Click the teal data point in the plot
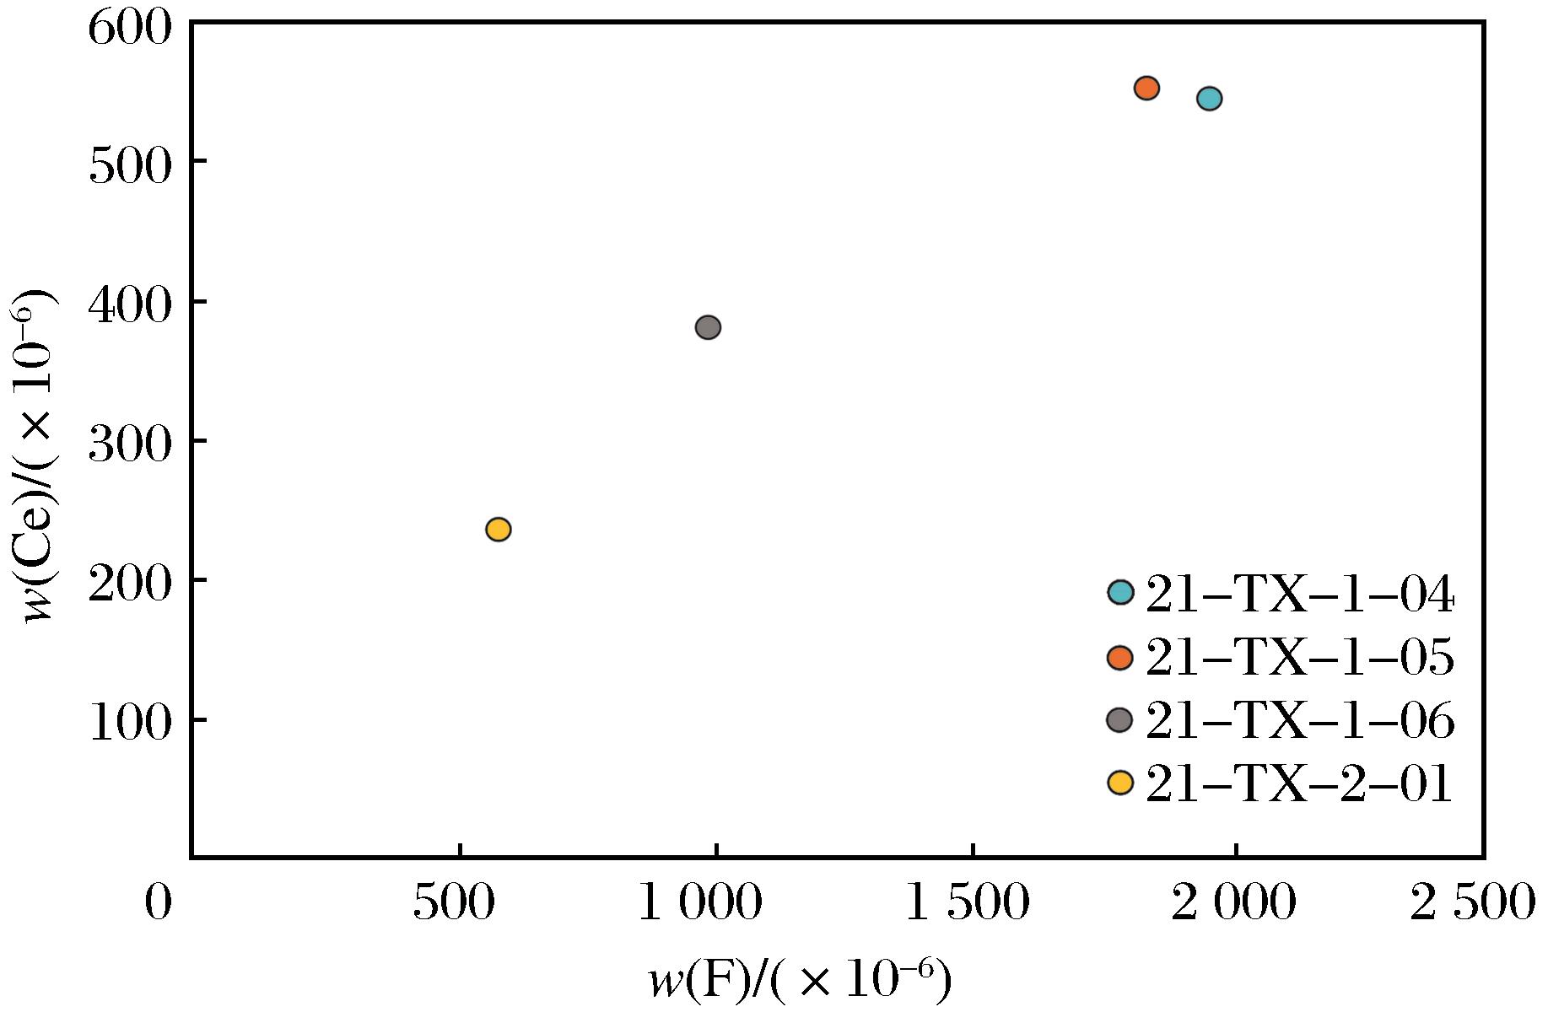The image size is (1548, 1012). (x=1209, y=99)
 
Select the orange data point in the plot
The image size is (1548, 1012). (x=1146, y=88)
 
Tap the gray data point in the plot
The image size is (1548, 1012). (x=708, y=327)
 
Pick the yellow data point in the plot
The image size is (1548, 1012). (x=499, y=530)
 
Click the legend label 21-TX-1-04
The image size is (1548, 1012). (x=1299, y=595)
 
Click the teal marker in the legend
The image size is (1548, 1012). (x=1119, y=592)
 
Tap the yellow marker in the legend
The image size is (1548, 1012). (x=1119, y=783)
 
